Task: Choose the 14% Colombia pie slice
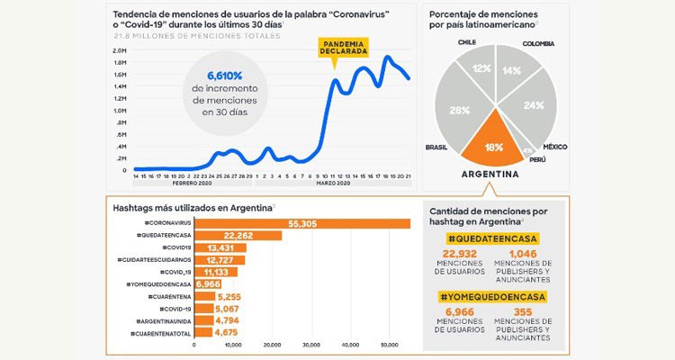point(510,69)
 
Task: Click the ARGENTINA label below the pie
point(490,174)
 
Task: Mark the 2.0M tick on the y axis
point(120,50)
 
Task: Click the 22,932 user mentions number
point(459,256)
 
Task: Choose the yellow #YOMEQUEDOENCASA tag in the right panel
point(494,296)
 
